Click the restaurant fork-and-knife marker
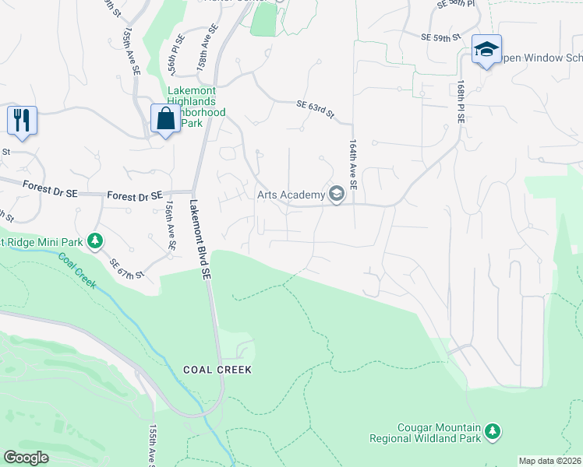[x=21, y=121]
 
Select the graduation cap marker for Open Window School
[x=486, y=50]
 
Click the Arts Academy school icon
[x=337, y=194]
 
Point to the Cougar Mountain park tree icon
[x=492, y=430]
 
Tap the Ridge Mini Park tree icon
[x=95, y=241]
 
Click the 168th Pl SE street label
[x=461, y=100]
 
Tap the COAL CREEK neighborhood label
[x=217, y=370]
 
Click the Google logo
[x=26, y=458]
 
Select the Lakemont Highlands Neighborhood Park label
[x=196, y=107]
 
